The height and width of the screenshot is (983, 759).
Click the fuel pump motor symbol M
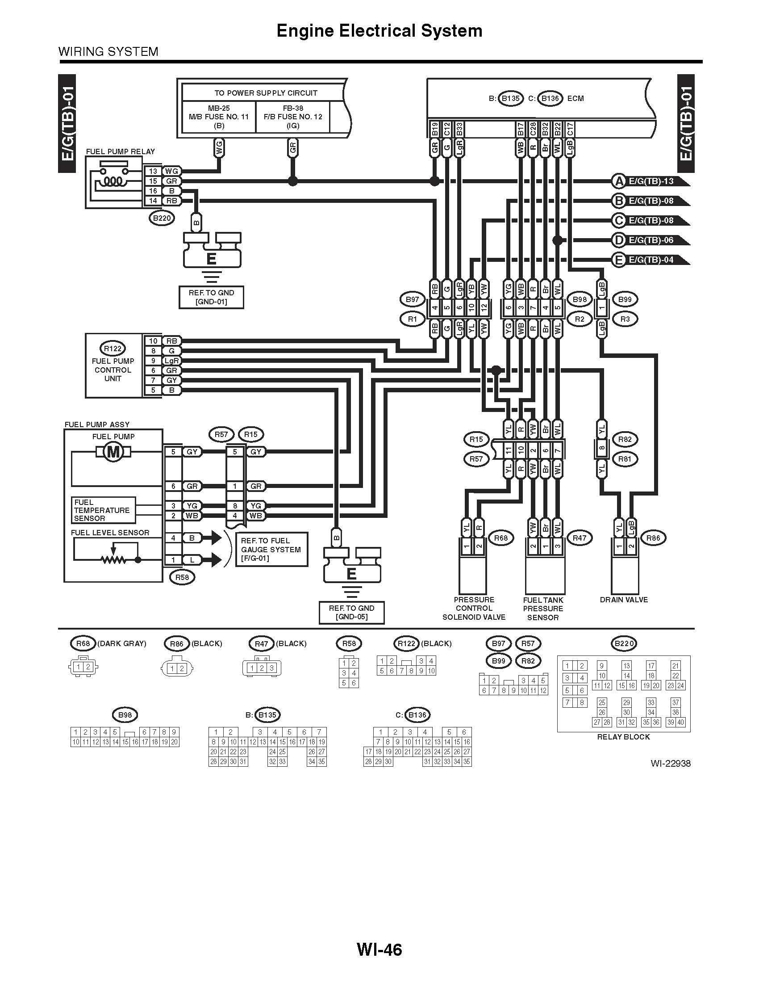[113, 451]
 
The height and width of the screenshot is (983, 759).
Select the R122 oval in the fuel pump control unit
[113, 349]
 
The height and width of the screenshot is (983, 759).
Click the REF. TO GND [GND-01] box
[211, 297]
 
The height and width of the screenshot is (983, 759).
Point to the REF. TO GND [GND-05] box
[352, 612]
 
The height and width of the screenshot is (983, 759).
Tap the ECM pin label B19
[435, 129]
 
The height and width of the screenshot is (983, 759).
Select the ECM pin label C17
[570, 129]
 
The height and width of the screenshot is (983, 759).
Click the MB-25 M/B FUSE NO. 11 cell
[219, 117]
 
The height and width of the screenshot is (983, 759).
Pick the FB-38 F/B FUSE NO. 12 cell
[293, 117]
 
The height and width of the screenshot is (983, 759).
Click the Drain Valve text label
[624, 600]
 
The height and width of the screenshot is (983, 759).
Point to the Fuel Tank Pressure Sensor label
[543, 609]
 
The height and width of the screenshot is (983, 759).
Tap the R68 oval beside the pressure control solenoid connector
[500, 538]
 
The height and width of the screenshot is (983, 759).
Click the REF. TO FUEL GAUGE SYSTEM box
[271, 549]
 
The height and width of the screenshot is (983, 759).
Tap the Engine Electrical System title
[379, 30]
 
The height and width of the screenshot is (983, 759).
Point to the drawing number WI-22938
[670, 763]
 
